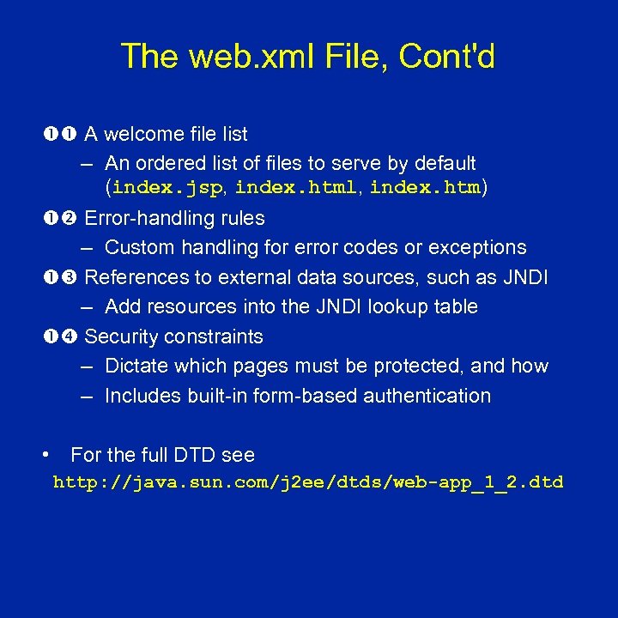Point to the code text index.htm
tap(425, 188)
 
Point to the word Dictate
tap(136, 366)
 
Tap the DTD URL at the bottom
tap(308, 482)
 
